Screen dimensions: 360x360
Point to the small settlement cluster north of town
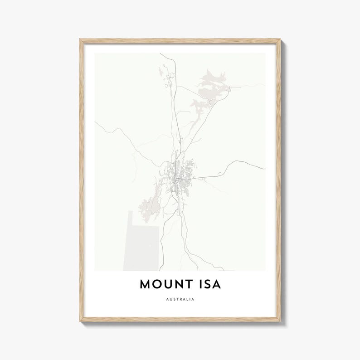click(168, 82)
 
